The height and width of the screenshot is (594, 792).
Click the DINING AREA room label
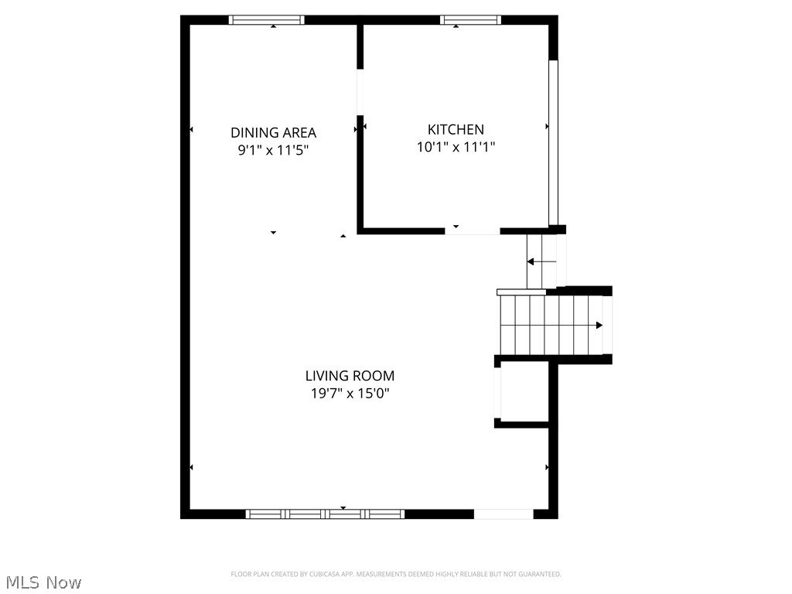273,133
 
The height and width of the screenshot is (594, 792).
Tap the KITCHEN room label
456,130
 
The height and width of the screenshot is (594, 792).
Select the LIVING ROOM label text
350,376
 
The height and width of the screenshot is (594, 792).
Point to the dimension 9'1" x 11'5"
273,151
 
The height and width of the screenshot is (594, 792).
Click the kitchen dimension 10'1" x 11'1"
456,147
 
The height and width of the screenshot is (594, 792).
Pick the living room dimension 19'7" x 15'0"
350,394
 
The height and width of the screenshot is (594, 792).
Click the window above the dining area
267,20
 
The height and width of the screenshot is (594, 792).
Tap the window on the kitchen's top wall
470,20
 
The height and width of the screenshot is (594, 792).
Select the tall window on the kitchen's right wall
553,142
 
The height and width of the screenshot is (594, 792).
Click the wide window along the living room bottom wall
325,514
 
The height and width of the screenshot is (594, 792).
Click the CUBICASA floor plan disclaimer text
395,574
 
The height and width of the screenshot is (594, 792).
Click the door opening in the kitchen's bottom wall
472,230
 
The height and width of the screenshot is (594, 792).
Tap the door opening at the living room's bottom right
503,514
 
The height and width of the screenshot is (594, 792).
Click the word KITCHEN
456,130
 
